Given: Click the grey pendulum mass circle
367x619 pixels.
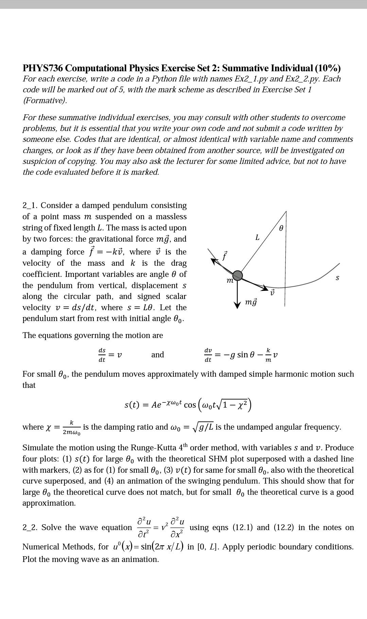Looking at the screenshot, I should point(237,276).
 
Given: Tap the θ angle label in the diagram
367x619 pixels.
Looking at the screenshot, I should point(281,229).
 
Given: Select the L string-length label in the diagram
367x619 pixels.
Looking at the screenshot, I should point(257,238).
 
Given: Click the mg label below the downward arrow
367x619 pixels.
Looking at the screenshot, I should point(251,302).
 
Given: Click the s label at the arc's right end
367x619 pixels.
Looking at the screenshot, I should point(337,278).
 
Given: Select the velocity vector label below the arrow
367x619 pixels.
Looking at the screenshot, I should point(272,293).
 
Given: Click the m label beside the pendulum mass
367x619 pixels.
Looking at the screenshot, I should point(230,281).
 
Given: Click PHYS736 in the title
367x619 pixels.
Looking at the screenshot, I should point(43,68).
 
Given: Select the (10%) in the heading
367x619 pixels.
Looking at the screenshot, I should point(328,68).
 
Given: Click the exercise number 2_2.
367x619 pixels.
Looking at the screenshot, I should point(30,527).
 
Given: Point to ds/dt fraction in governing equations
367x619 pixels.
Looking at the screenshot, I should point(102,355).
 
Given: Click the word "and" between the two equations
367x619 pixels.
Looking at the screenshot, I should point(157,355).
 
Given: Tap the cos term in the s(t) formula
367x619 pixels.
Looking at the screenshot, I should point(190,405).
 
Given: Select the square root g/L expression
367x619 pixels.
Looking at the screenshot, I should point(203,427).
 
